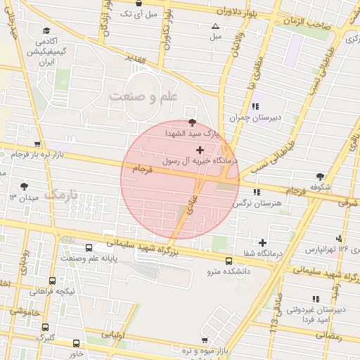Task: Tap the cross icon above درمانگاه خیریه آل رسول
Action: tap(200, 150)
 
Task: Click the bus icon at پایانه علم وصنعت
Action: tap(89, 248)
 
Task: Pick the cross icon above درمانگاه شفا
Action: tap(263, 243)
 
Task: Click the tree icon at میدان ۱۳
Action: tap(25, 186)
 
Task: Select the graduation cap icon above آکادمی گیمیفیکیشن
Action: tap(46, 30)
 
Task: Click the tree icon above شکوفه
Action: tap(321, 176)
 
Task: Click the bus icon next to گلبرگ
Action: tap(45, 327)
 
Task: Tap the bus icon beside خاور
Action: tap(76, 343)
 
